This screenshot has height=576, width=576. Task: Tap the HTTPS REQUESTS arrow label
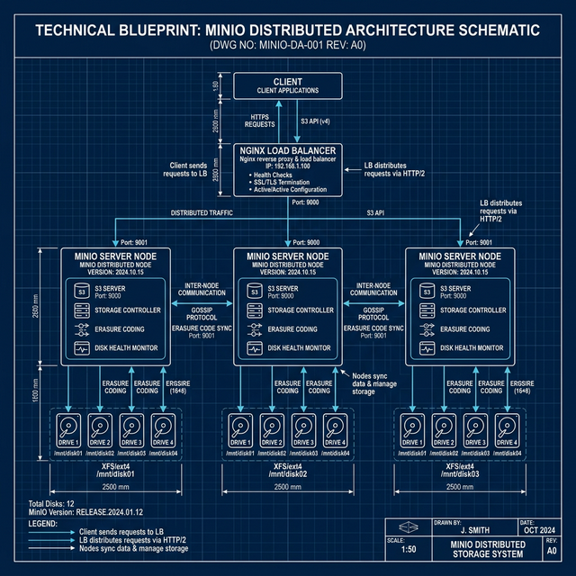tap(259, 120)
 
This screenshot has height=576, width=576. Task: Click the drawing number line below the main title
tap(287, 45)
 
